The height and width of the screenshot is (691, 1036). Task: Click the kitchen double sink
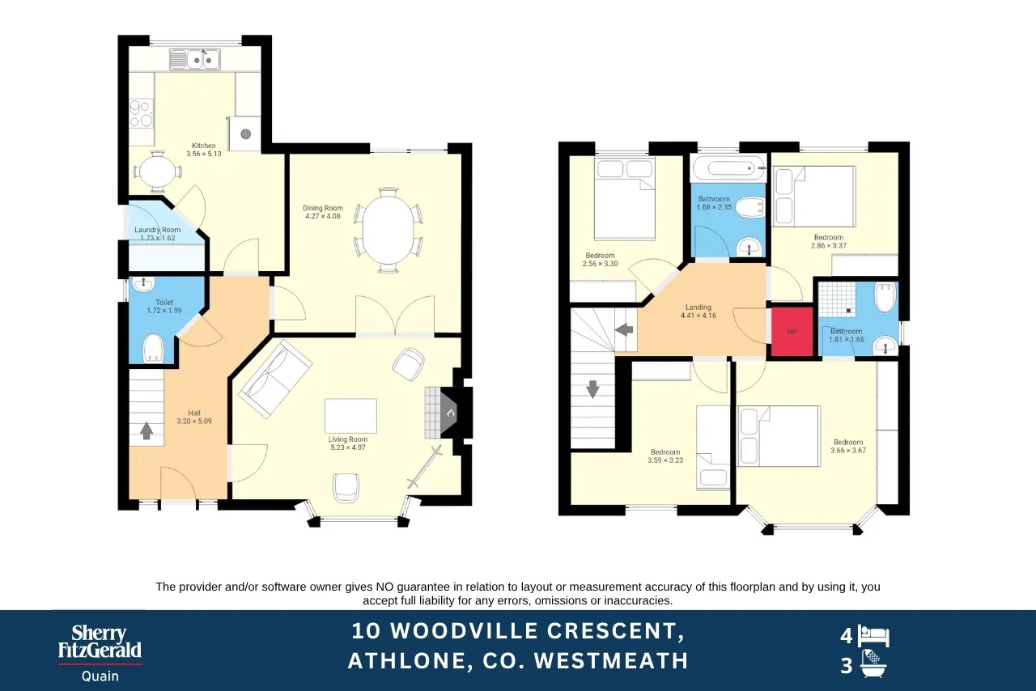coord(195,60)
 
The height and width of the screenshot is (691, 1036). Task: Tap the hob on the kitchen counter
coord(141,114)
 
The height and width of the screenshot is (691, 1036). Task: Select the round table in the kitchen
coord(158,172)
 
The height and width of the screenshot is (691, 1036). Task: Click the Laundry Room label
coord(158,234)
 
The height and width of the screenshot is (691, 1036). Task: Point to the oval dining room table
coord(388,230)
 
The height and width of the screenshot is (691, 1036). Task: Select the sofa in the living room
coord(275,379)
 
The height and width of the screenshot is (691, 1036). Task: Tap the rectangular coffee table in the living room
coord(350,416)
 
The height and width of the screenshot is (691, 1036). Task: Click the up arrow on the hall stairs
coord(146,430)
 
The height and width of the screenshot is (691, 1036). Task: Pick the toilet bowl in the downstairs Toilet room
coord(153,348)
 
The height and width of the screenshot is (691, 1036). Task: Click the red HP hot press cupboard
coord(792,331)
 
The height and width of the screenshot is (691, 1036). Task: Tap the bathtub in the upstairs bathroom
coord(728,168)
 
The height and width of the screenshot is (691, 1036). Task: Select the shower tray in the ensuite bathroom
coord(837,299)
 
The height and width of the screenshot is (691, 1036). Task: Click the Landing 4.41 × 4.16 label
coord(698,312)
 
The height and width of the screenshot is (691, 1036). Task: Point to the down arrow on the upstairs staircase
coord(592,389)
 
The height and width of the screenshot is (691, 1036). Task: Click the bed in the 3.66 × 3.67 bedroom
coord(779,435)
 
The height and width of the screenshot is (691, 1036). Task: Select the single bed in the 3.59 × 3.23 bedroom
coord(713,447)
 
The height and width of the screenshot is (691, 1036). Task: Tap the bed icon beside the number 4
coord(873,636)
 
